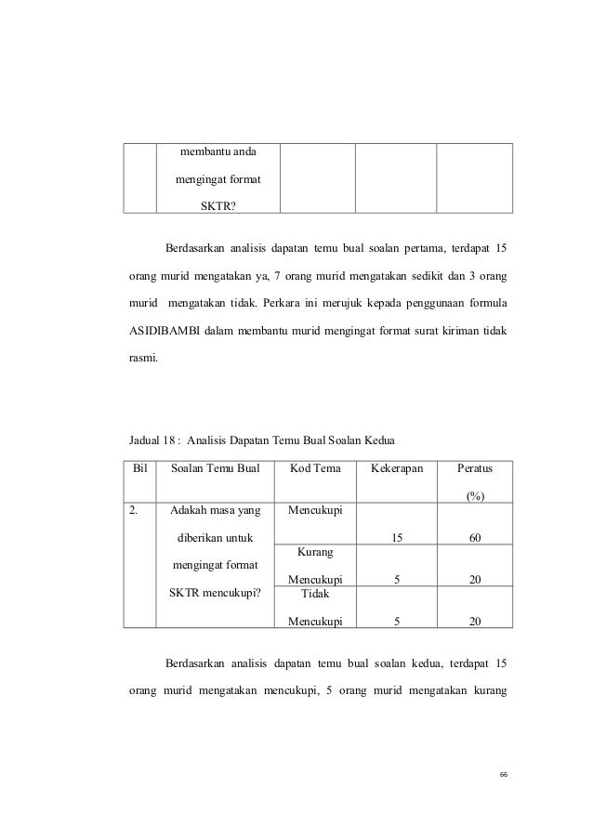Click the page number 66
point(503,776)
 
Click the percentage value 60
point(475,536)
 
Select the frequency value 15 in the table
point(397,536)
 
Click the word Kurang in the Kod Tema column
point(316,552)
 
